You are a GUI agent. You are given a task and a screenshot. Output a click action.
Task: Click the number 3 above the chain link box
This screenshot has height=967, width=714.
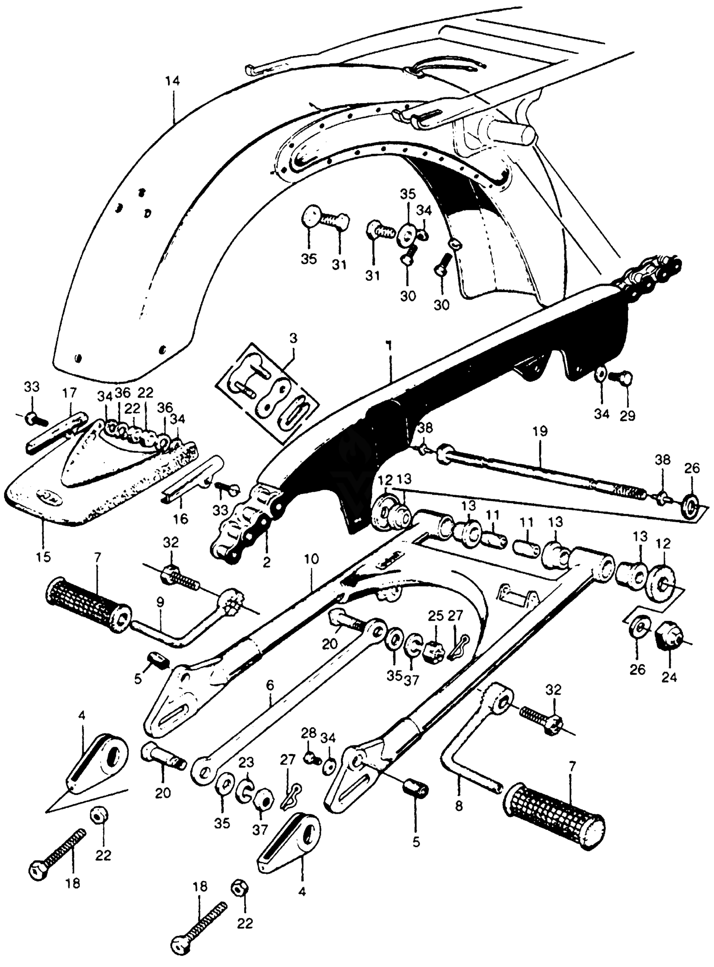294,338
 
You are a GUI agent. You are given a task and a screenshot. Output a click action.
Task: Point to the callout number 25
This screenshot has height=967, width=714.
436,616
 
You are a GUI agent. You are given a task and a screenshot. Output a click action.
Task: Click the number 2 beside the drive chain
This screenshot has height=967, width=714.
266,562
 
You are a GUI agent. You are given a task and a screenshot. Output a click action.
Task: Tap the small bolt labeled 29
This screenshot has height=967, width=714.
621,376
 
